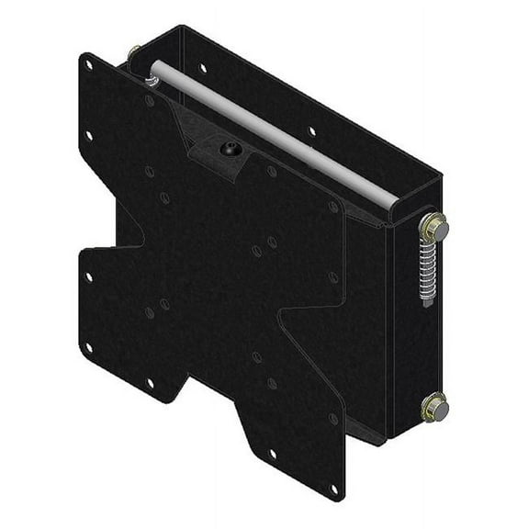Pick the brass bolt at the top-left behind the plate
point(137,52)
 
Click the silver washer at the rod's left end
point(152,80)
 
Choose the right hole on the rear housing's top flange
point(313,131)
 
